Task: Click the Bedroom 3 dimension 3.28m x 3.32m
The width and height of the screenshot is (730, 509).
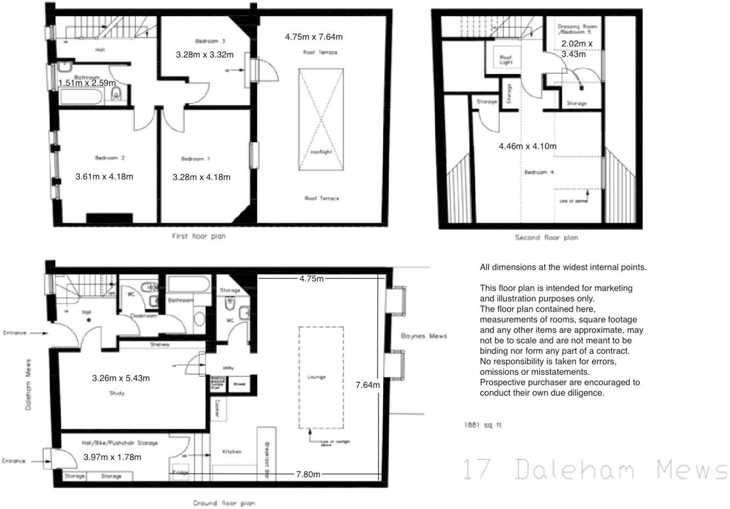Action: point(205,54)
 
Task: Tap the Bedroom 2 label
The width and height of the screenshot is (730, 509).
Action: point(110,158)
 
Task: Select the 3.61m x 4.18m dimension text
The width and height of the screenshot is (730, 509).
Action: point(104,176)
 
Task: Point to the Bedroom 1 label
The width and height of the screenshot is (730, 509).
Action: point(195,159)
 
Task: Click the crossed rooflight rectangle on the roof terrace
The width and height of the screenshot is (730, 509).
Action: point(321,120)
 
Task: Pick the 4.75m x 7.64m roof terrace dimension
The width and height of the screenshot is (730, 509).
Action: point(314,37)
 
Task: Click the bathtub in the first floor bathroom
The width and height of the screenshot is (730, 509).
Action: point(82,98)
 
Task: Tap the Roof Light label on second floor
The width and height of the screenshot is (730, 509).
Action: point(505,59)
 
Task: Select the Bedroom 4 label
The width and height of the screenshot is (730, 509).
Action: point(539,173)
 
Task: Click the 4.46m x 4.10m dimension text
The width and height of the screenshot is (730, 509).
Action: point(528,146)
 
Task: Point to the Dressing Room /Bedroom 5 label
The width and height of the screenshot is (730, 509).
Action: point(577,29)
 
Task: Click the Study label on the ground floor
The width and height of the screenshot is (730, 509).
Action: point(117,393)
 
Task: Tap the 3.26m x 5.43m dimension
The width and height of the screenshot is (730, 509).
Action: point(121,378)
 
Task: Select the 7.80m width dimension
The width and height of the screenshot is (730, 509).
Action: point(308,474)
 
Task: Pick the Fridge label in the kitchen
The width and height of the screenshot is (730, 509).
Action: point(180,473)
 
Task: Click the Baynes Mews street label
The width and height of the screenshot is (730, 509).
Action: point(424,336)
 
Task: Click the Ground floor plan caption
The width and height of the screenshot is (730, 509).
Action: point(224,503)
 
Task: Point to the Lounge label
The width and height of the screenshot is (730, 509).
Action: point(316,377)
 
